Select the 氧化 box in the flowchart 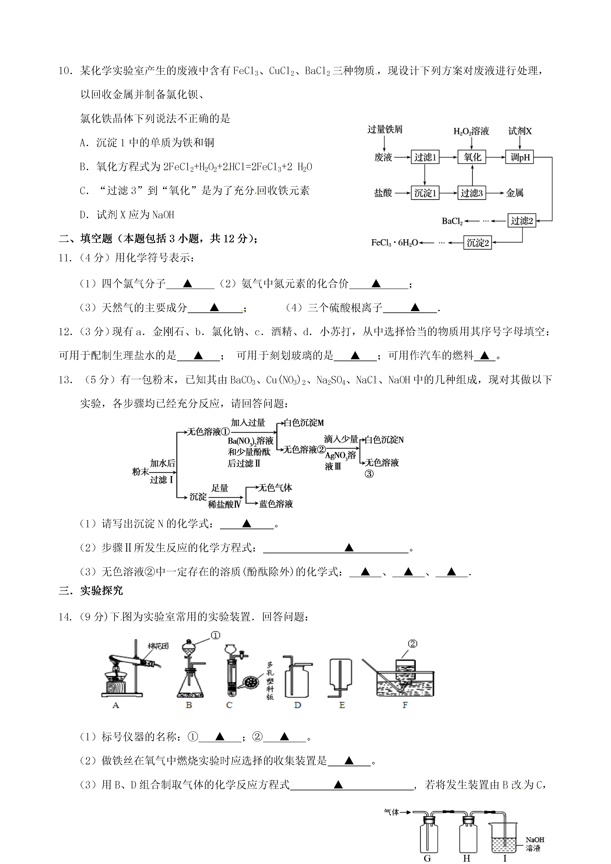(472, 157)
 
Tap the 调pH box (520, 157)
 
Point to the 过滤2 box (521, 221)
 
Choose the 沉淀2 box (477, 243)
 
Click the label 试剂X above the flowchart (520, 131)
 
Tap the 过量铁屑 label (385, 130)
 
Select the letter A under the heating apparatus (115, 705)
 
